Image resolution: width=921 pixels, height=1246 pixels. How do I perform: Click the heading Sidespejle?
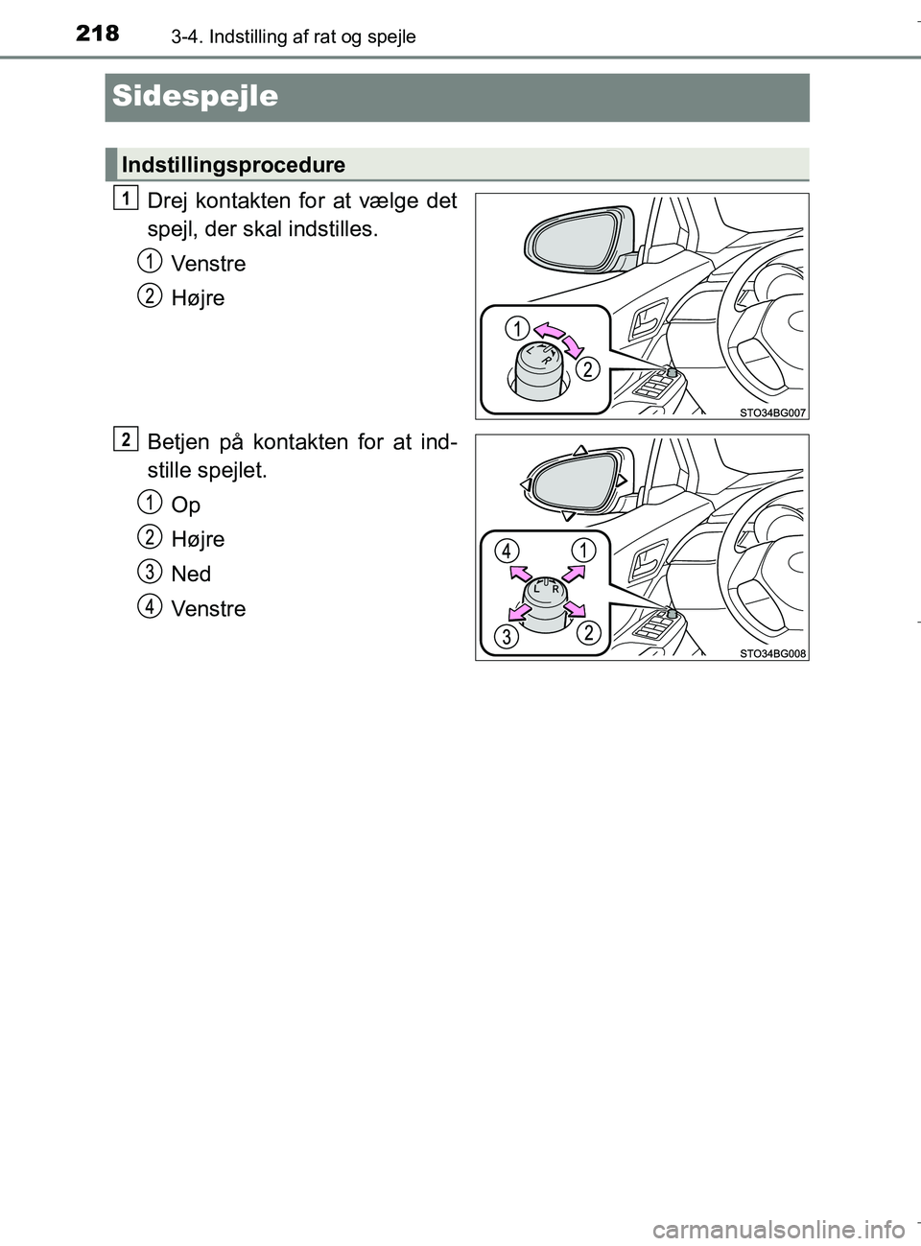[195, 97]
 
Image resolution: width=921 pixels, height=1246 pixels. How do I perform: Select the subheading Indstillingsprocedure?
[233, 165]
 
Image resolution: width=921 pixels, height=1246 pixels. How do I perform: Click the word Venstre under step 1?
[207, 264]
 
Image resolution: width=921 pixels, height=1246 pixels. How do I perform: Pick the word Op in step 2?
[185, 505]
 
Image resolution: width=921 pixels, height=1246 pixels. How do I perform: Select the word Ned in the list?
[190, 575]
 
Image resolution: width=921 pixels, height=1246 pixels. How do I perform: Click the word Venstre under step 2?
[207, 609]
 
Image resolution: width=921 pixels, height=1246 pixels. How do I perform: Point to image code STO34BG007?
[772, 411]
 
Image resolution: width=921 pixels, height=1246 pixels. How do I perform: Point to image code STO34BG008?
[772, 653]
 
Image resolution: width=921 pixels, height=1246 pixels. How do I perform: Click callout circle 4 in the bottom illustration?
[508, 551]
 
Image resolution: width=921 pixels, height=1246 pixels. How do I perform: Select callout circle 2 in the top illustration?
[587, 368]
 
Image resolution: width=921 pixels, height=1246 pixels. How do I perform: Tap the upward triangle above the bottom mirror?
[579, 450]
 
